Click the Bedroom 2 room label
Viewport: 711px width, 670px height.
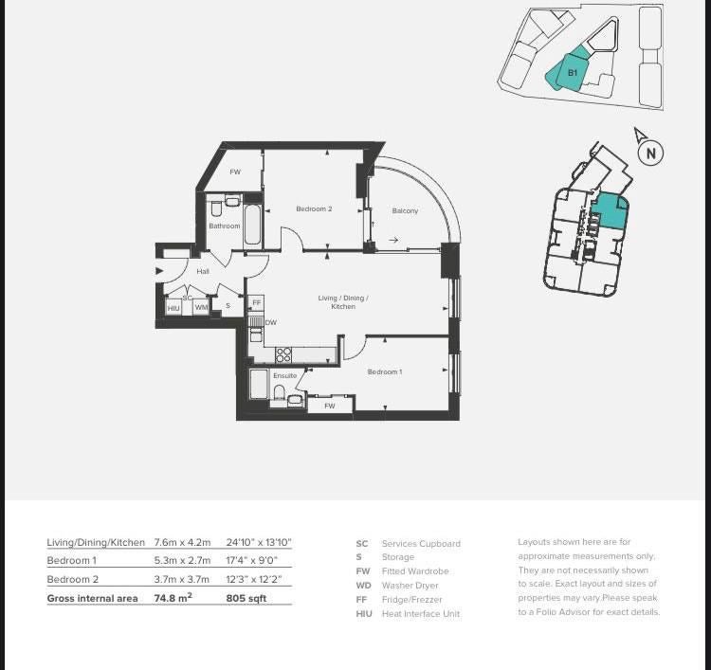(314, 209)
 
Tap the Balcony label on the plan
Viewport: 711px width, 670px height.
(405, 210)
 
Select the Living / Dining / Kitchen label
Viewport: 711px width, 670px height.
(343, 302)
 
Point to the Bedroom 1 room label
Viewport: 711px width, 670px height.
(385, 371)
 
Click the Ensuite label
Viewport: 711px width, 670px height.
(284, 375)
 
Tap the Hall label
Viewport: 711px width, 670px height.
(203, 271)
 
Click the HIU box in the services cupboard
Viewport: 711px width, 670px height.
(173, 308)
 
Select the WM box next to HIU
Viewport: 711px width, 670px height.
(201, 307)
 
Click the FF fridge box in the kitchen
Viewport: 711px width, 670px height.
(257, 303)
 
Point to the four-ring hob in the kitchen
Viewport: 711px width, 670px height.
(283, 354)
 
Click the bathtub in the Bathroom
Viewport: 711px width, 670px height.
(252, 226)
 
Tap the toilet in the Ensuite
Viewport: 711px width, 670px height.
(280, 392)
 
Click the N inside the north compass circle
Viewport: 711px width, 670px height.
(651, 154)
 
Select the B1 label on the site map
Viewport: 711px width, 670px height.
(573, 73)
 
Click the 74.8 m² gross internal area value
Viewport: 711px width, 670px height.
(173, 598)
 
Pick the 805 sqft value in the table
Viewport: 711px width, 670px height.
(246, 598)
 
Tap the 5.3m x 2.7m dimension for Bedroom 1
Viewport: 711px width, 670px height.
(182, 560)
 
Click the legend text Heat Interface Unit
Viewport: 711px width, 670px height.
(421, 614)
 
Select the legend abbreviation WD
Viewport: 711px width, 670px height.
(364, 586)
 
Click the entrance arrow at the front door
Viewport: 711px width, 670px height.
(159, 271)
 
